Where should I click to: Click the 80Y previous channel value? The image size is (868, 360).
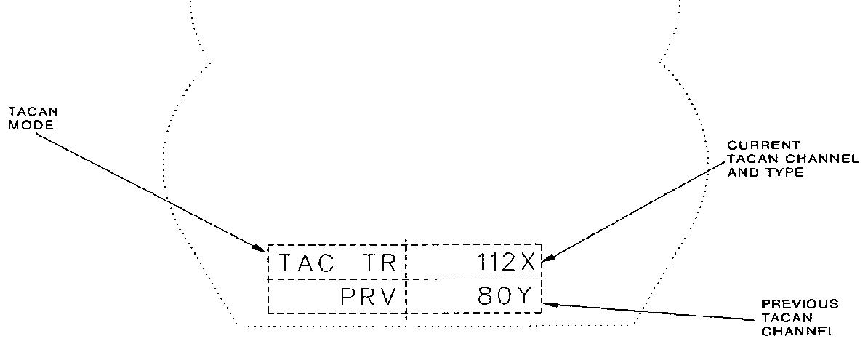(506, 297)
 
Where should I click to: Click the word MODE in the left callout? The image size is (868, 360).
(21, 124)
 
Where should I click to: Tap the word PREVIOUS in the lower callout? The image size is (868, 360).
(800, 304)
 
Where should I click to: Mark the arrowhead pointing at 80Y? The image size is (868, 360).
(548, 303)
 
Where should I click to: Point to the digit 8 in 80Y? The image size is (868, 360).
(486, 297)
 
